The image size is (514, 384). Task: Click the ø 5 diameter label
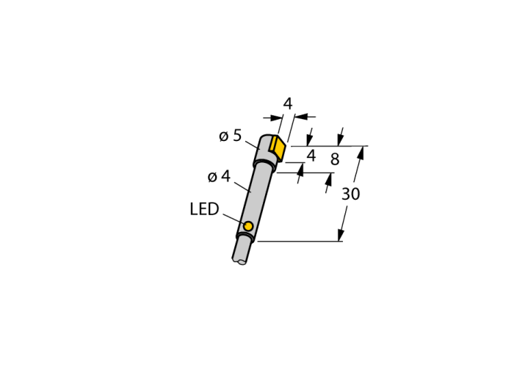230,135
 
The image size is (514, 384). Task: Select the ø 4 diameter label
219,177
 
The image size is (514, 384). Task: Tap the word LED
204,209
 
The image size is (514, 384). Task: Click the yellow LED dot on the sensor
248,226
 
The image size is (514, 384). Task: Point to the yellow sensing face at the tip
278,148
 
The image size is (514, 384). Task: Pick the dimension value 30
351,194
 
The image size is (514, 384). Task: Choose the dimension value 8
335,159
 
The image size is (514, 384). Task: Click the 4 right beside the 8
311,156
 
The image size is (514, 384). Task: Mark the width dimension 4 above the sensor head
288,104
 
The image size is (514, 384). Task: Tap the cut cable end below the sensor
240,261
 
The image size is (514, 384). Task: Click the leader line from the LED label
234,220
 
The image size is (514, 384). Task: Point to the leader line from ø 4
242,186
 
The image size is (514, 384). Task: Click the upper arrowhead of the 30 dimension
361,153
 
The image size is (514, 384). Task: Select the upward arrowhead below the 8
329,179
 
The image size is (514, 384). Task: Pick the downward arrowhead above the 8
341,140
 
